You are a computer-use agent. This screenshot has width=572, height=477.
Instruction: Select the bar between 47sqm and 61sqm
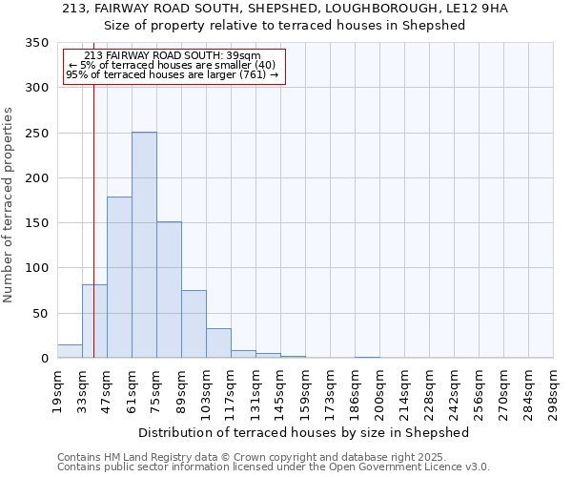[x=119, y=278]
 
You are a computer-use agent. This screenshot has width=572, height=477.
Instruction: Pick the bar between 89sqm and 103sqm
[x=194, y=324]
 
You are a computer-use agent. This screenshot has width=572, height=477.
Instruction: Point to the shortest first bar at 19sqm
[x=70, y=351]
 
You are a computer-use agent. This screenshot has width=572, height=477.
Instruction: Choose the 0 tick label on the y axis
[x=44, y=359]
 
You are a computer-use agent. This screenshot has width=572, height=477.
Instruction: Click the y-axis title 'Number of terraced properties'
[x=9, y=205]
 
